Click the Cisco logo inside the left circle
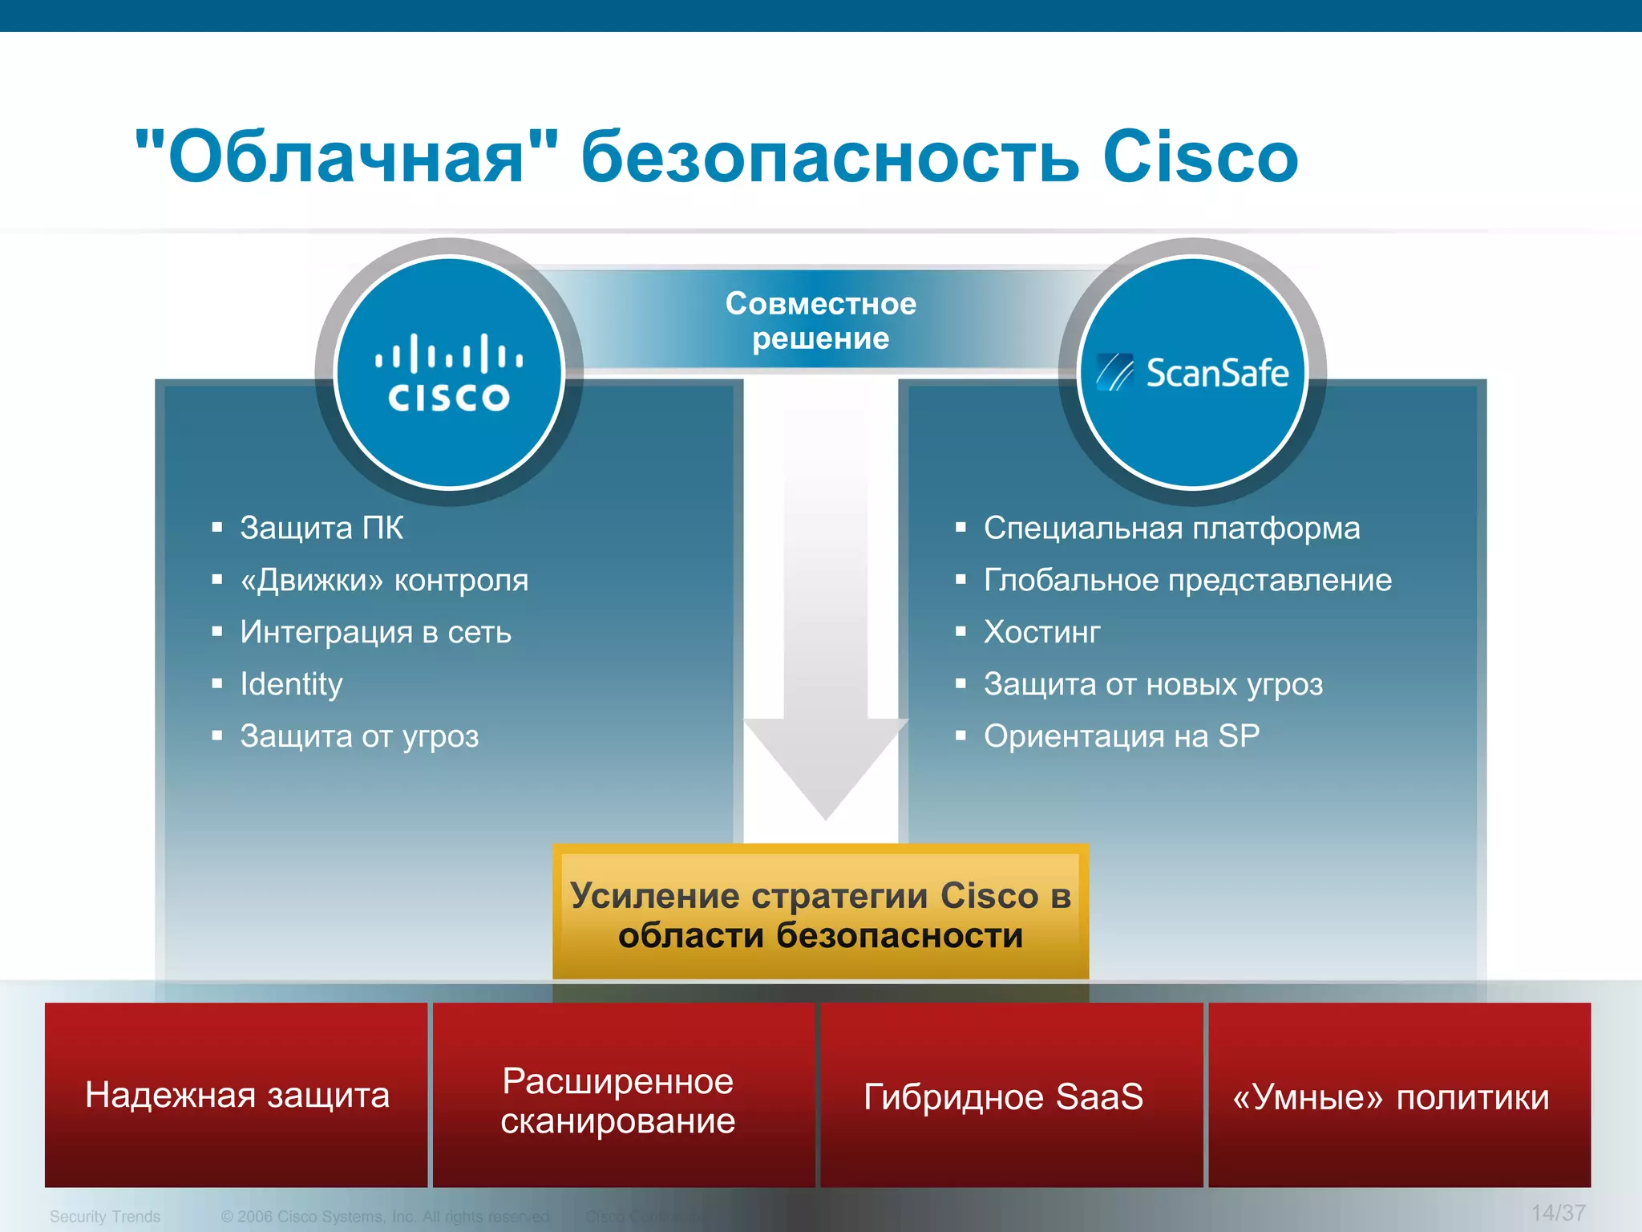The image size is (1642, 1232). pos(449,374)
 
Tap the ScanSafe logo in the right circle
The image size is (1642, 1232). pos(1193,373)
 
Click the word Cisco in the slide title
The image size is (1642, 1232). pos(1199,156)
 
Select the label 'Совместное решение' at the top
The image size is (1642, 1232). pos(820,321)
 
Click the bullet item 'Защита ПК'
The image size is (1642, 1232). pos(322,528)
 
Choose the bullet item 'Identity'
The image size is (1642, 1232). pos(291,684)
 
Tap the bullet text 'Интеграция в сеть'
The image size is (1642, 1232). pos(375,632)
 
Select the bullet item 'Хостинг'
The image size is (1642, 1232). pos(1041,632)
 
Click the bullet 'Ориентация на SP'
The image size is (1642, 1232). pos(1121,736)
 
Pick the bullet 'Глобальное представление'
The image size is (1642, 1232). pos(1187,580)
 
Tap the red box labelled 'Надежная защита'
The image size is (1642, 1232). pos(237,1095)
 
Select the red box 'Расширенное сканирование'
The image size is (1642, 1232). pos(617,1100)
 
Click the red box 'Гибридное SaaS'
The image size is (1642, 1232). pos(1003,1096)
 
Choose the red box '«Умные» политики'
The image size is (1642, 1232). pos(1391,1096)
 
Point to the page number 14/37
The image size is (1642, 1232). pos(1557,1213)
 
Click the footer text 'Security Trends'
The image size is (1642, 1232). pos(105,1217)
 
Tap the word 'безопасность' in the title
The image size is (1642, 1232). pos(830,156)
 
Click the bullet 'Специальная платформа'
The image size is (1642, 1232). pos(1171,528)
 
